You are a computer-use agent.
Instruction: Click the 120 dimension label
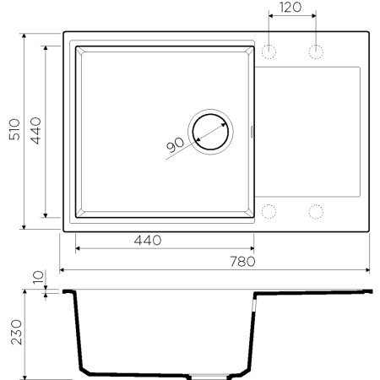click(x=292, y=8)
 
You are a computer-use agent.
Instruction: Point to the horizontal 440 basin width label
click(x=147, y=241)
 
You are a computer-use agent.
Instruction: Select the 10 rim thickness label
click(x=35, y=277)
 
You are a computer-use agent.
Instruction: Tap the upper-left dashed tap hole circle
click(x=270, y=52)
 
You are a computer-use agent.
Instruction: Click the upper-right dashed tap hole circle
click(x=318, y=52)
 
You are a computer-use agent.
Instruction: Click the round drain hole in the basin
click(x=209, y=131)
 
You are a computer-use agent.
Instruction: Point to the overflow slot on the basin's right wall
click(x=256, y=131)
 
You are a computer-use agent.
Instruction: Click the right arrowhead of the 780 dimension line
click(x=368, y=271)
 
